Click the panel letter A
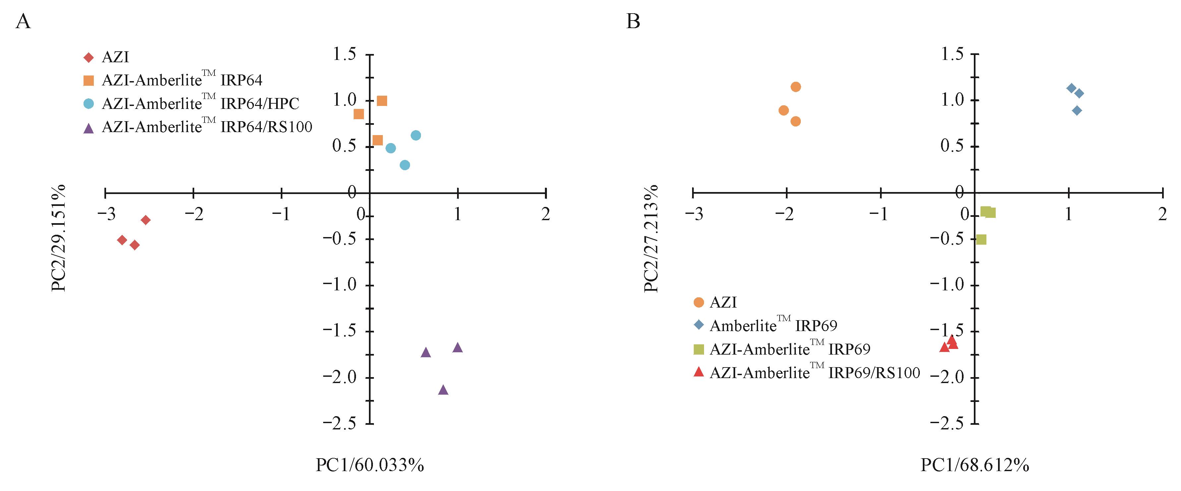click(23, 22)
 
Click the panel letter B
click(633, 22)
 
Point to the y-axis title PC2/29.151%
click(59, 238)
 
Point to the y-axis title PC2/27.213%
click(651, 238)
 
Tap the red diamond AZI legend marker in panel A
click(89, 58)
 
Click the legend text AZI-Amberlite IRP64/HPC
click(200, 104)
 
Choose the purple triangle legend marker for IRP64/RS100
click(89, 128)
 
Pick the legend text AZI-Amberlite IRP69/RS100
click(815, 373)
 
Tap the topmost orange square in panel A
click(382, 101)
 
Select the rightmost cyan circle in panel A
click(416, 135)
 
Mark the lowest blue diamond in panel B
click(1077, 110)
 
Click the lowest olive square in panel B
click(981, 240)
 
